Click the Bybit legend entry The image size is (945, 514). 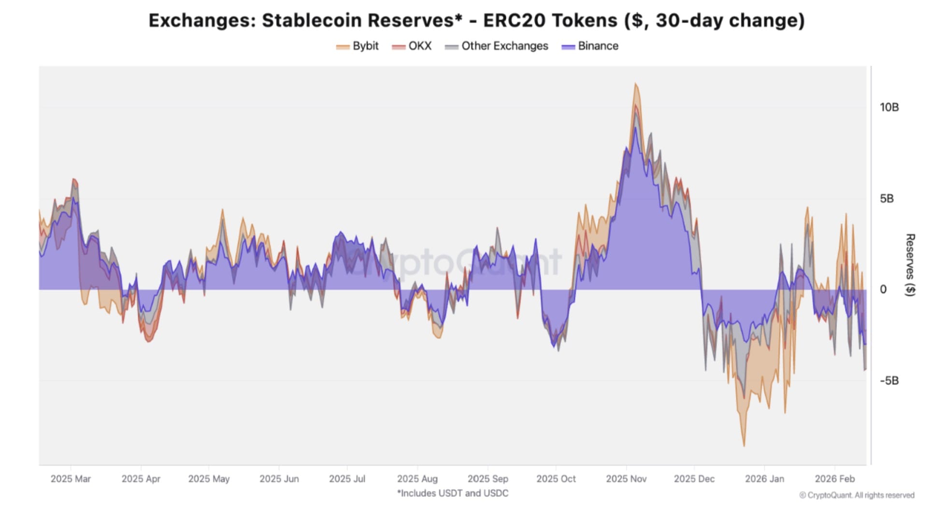(358, 46)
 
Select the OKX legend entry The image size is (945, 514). (412, 46)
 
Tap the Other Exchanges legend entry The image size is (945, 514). (497, 46)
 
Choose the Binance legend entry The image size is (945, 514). (590, 46)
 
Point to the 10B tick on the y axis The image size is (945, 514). (889, 107)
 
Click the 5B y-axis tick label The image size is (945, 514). (887, 199)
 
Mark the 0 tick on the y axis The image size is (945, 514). (883, 289)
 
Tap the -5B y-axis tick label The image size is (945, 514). (889, 381)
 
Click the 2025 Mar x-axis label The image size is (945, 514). (71, 479)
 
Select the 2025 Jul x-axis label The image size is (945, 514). (347, 479)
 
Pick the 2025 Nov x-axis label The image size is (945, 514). (626, 479)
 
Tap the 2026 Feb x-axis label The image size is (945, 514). (834, 479)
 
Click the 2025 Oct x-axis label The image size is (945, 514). (556, 479)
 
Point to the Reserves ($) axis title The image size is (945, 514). (910, 265)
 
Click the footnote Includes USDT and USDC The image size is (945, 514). (453, 493)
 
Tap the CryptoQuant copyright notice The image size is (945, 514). (857, 495)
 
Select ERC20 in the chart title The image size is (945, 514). (515, 20)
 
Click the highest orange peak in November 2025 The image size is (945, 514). (635, 84)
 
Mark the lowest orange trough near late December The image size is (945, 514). (744, 445)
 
